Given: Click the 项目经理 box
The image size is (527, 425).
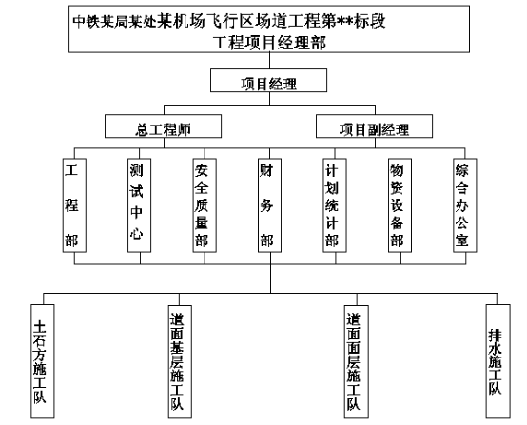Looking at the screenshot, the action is pyautogui.click(x=268, y=80).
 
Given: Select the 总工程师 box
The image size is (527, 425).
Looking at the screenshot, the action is pyautogui.click(x=163, y=126).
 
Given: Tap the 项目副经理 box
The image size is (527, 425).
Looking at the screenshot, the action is pyautogui.click(x=374, y=126).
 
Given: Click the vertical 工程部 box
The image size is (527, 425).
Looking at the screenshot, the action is pyautogui.click(x=74, y=205).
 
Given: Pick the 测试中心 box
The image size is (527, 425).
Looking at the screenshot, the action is pyautogui.click(x=139, y=205).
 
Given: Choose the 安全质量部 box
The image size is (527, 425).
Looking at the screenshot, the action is pyautogui.click(x=205, y=205).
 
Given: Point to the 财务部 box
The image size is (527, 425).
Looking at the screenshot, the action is pyautogui.click(x=269, y=205).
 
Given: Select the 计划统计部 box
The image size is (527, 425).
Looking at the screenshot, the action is pyautogui.click(x=335, y=205).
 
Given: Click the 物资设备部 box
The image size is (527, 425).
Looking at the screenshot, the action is pyautogui.click(x=400, y=205).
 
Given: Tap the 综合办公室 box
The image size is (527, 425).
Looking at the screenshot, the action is pyautogui.click(x=465, y=205).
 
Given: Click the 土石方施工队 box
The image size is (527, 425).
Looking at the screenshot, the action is pyautogui.click(x=43, y=361).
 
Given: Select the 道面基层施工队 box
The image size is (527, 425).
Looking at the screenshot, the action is pyautogui.click(x=180, y=362).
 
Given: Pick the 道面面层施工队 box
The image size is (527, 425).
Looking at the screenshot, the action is pyautogui.click(x=357, y=362).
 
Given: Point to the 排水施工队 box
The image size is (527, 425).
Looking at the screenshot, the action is pyautogui.click(x=498, y=361).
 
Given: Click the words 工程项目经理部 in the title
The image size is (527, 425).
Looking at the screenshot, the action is pyautogui.click(x=269, y=43).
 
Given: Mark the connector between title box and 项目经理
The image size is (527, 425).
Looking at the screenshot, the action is pyautogui.click(x=269, y=61).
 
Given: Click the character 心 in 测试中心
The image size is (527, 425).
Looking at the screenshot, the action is pyautogui.click(x=136, y=232).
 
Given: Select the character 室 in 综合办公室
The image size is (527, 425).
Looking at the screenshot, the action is pyautogui.click(x=461, y=241).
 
